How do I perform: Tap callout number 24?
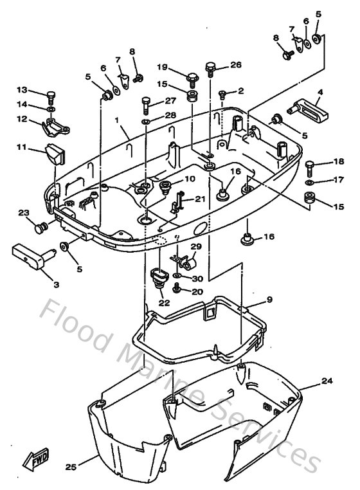pos(328,381)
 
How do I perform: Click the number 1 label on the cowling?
pos(118,120)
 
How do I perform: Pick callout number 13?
pos(22,89)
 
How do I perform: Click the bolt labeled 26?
pos(210,68)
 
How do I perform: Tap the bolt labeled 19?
pos(192,79)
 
